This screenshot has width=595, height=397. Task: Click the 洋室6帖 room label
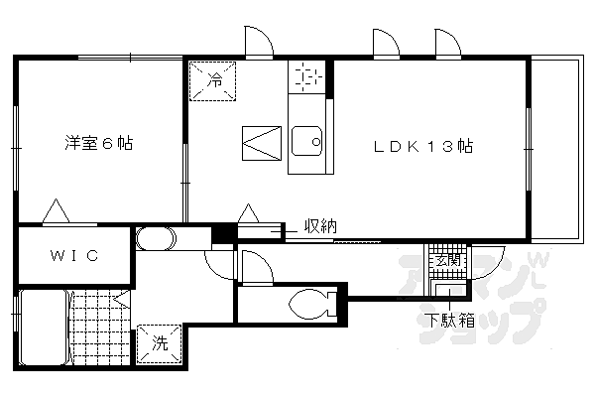click(x=98, y=143)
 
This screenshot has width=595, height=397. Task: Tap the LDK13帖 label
click(x=423, y=146)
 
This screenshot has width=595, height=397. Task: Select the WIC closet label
click(x=74, y=255)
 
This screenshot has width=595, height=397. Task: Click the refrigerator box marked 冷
click(x=212, y=81)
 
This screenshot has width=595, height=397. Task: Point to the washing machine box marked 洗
click(x=159, y=344)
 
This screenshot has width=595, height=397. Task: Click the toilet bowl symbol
click(x=312, y=304)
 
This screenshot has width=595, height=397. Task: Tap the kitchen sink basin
click(x=306, y=141)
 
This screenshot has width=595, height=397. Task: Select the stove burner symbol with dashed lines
click(x=306, y=77)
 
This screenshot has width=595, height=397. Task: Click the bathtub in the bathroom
click(x=44, y=328)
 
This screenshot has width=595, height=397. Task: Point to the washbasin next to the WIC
click(x=156, y=238)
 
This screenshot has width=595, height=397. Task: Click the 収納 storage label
click(x=320, y=227)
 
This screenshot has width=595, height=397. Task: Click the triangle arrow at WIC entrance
click(x=56, y=210)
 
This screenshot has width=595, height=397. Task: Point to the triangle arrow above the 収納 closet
click(x=248, y=213)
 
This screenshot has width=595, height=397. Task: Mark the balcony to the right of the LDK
click(x=555, y=149)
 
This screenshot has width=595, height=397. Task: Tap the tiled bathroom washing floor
click(x=100, y=328)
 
